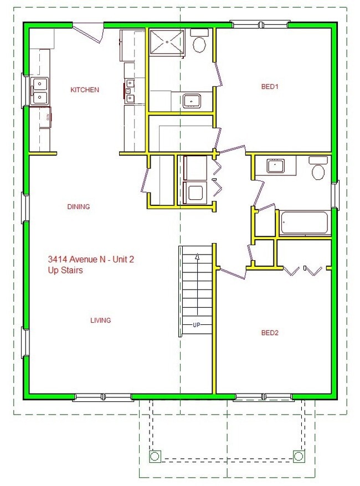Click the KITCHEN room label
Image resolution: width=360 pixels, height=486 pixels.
(85, 90)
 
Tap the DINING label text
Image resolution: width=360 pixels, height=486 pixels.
(78, 207)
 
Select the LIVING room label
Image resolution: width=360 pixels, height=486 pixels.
(101, 320)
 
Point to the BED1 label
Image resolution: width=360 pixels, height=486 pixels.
(270, 86)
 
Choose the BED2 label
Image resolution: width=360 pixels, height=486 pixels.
(270, 333)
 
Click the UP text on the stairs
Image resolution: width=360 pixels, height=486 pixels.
(196, 325)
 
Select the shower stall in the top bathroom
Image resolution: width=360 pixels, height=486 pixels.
(166, 42)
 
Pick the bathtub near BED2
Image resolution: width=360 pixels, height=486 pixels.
(304, 223)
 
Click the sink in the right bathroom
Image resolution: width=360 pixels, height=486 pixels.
(275, 166)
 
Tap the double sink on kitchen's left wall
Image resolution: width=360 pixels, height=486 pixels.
(40, 91)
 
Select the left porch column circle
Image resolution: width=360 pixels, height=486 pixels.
(155, 456)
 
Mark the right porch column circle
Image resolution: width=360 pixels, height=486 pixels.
(299, 456)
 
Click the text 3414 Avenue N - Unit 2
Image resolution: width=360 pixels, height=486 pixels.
(91, 259)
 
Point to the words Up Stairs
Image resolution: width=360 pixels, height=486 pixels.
(65, 270)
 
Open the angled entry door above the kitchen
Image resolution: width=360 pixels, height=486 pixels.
(89, 32)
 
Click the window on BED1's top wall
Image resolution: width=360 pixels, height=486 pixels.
(260, 24)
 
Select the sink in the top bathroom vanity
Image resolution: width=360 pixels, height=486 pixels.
(192, 101)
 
